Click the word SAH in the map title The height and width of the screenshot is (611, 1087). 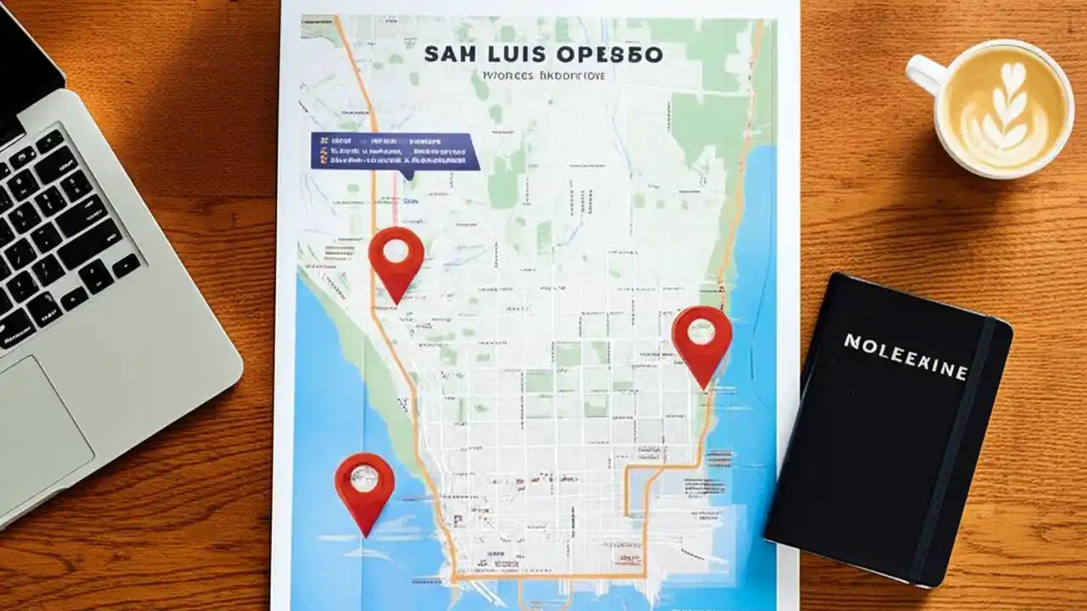pos(448,55)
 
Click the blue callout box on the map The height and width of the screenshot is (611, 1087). pos(394,151)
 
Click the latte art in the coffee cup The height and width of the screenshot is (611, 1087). pos(1005,108)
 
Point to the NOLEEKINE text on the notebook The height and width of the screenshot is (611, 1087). pos(905,356)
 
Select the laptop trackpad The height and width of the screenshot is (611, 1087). pos(42,424)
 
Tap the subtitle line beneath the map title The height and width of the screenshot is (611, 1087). pos(543,76)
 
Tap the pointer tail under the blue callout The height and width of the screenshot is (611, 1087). pos(408,175)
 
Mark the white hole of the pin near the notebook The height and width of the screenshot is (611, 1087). pos(701,331)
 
